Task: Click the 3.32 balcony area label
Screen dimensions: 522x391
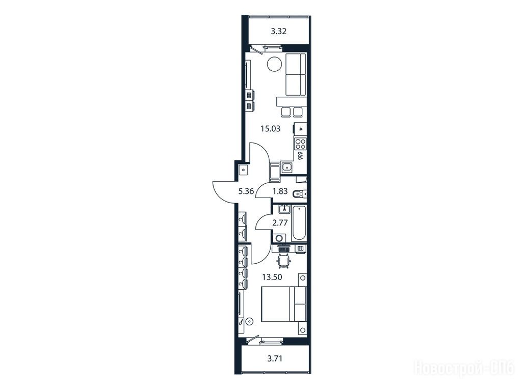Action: click(x=279, y=32)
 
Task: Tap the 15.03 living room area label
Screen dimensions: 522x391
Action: click(x=270, y=129)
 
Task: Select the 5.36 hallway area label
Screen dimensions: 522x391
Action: click(x=246, y=191)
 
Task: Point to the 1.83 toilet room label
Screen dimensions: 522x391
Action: click(x=280, y=191)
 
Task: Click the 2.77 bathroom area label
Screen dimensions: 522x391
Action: click(x=280, y=223)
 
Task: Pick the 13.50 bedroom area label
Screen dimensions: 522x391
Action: click(x=272, y=277)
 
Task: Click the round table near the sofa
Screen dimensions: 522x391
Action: click(x=275, y=64)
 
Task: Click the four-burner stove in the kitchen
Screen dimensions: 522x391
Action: click(x=300, y=144)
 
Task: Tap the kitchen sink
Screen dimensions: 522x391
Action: click(x=286, y=167)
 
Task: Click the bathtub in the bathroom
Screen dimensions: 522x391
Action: click(x=299, y=224)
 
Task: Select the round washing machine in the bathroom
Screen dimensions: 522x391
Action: click(x=279, y=238)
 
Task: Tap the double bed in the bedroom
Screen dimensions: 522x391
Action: click(x=283, y=304)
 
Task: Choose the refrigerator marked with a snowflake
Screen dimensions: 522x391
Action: click(x=300, y=129)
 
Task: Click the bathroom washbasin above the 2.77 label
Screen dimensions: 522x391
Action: click(x=284, y=209)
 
